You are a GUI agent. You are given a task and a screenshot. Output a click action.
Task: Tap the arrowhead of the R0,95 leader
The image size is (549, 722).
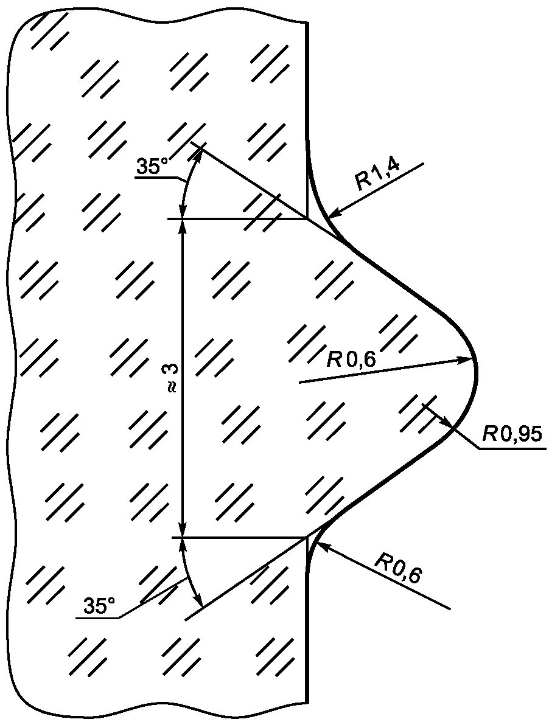click(446, 422)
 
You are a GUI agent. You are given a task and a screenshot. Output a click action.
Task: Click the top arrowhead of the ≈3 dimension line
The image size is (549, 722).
click(183, 226)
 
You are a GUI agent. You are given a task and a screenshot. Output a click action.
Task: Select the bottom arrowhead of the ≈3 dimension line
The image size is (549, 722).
click(183, 530)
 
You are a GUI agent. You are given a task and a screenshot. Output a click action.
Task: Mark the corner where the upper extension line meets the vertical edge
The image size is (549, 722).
click(307, 219)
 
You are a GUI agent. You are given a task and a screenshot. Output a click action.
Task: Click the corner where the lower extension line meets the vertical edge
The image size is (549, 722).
click(307, 537)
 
